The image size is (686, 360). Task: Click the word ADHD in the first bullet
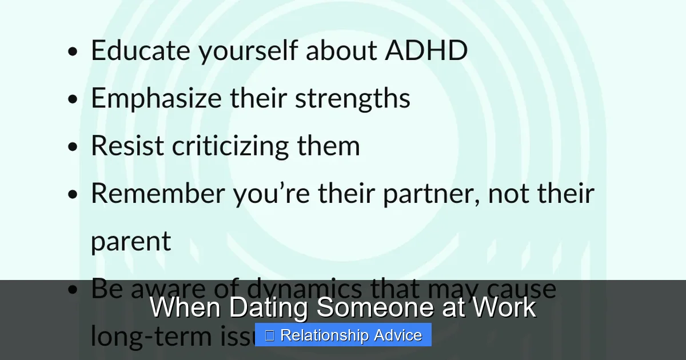point(426,50)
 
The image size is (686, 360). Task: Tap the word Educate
point(140,50)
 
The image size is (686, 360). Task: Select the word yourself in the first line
point(248,50)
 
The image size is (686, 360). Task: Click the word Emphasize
point(155,98)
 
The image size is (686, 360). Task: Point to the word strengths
point(353,98)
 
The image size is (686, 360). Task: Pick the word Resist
point(127,146)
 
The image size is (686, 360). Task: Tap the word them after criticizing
point(328,146)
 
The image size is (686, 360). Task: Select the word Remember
point(158,193)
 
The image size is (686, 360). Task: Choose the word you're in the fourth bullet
point(272,193)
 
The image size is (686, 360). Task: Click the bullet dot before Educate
point(72,51)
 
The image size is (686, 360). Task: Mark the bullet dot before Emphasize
point(72,99)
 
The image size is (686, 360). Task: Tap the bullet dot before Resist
point(72,147)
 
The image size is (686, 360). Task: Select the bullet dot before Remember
point(72,194)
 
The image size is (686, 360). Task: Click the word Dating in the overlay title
point(269,307)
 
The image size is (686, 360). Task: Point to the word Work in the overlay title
point(504,307)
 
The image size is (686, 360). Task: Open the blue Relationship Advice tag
point(343,335)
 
